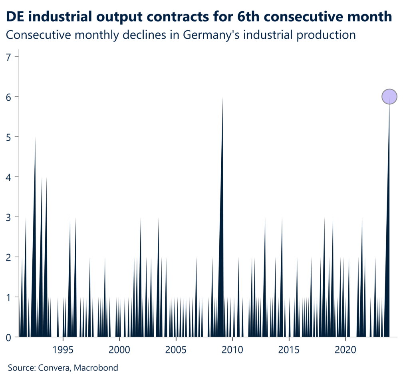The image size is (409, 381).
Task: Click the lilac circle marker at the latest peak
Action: click(389, 96)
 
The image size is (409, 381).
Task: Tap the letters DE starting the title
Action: click(14, 17)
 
